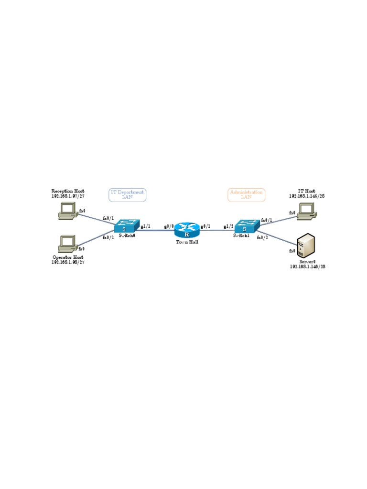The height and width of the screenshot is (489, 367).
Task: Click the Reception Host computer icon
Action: coord(67,211)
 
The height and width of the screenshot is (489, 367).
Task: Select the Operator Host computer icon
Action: coord(67,244)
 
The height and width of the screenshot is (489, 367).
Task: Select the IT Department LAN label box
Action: coord(127,194)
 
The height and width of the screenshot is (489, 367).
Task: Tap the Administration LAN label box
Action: coord(246,194)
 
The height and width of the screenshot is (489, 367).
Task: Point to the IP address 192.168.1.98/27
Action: coord(68,262)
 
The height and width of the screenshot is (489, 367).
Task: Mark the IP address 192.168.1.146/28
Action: coord(307,267)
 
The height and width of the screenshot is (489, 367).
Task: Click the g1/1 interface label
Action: coord(145,226)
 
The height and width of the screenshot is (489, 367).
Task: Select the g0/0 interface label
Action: coord(169,226)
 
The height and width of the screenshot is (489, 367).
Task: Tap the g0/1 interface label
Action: coord(205,226)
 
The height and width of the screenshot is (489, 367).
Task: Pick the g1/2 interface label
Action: coord(228,226)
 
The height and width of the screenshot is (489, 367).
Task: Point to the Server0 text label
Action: coord(307,262)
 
